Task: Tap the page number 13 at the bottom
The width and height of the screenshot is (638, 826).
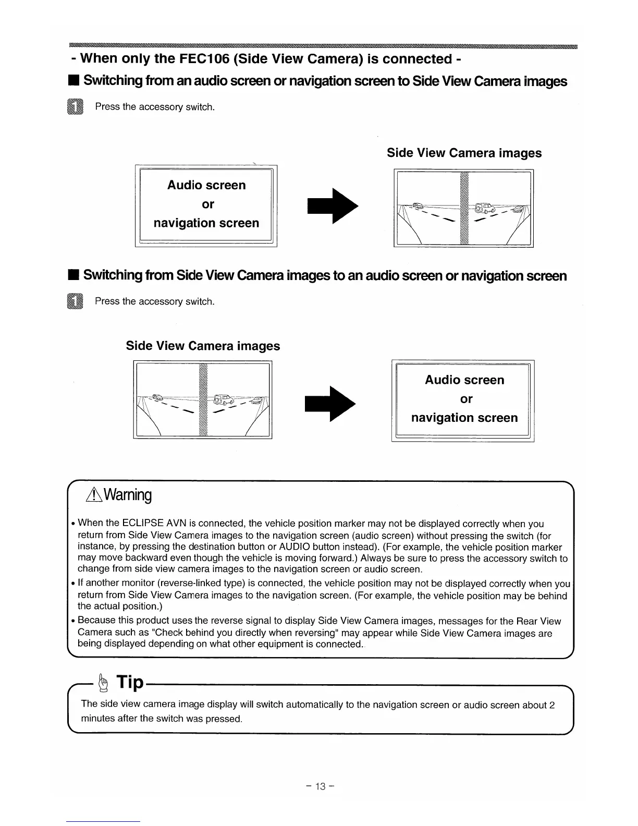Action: coord(319,786)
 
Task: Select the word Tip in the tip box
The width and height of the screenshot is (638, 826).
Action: coord(130,682)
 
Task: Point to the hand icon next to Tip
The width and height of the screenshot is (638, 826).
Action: coord(104,682)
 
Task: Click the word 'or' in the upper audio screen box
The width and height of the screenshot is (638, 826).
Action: coord(207,204)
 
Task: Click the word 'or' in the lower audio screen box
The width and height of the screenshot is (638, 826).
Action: coord(467,399)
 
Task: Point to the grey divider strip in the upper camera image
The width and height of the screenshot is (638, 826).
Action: coord(465,209)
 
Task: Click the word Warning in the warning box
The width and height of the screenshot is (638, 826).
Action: coord(128,495)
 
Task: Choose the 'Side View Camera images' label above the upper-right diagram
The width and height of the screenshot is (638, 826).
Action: coord(464,153)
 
